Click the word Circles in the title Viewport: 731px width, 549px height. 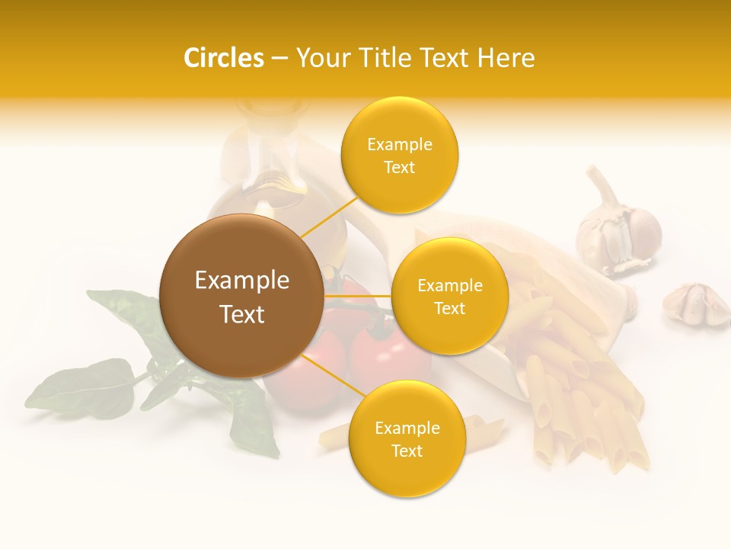(x=223, y=58)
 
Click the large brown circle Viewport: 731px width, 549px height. (x=241, y=296)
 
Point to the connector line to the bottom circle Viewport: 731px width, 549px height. (x=329, y=375)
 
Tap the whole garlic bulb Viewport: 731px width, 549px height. (x=618, y=226)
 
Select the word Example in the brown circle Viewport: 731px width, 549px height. (x=241, y=281)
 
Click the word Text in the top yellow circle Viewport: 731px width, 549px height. (x=399, y=168)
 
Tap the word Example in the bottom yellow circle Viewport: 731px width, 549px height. (x=407, y=429)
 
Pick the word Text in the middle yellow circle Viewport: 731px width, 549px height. (x=449, y=309)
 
